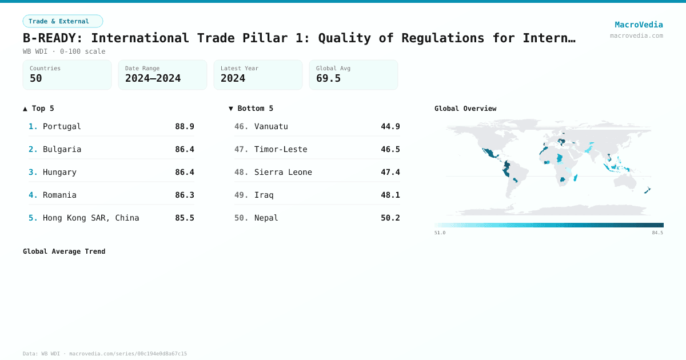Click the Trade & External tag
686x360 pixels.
[62, 21]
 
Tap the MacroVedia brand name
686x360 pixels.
[639, 25]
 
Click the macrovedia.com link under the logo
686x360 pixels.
[636, 35]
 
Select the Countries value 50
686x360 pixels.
[36, 78]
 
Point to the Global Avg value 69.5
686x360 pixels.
[328, 78]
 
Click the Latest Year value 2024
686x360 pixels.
[233, 78]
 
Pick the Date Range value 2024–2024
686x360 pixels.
[153, 78]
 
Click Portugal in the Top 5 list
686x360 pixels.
[62, 126]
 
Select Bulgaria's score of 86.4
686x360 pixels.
[184, 149]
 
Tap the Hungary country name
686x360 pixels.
[59, 172]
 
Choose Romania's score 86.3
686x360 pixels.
[184, 195]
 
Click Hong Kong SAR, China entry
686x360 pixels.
[91, 218]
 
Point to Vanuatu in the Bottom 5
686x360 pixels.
[271, 126]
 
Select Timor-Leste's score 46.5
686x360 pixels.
[390, 149]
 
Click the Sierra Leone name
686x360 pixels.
[283, 172]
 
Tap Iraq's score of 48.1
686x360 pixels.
[390, 195]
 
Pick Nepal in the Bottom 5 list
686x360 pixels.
[266, 218]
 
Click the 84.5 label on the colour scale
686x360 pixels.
[657, 233]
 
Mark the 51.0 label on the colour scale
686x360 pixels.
[440, 233]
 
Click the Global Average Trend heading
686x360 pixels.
[64, 251]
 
